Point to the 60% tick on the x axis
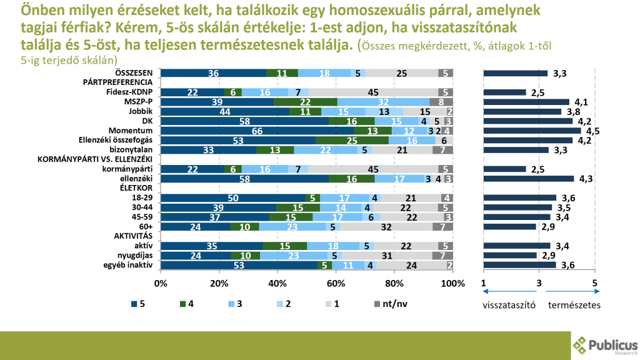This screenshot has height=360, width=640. point(336,283)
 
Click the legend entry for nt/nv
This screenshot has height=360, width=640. point(394,304)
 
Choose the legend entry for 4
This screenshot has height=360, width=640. point(187,304)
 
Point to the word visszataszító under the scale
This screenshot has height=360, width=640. point(510,306)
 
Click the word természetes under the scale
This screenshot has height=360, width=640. point(574,306)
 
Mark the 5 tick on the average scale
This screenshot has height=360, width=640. point(594,282)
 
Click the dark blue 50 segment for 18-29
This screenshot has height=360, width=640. point(233,197)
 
